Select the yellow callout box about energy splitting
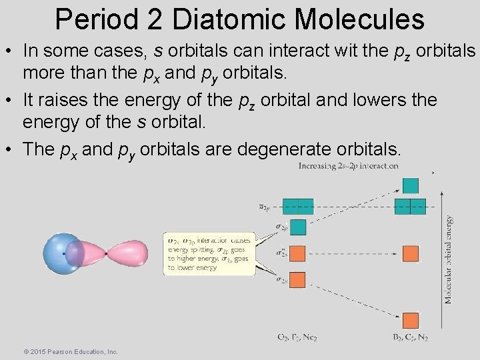209,253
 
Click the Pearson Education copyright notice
70,351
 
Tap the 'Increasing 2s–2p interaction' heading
349,165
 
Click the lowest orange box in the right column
410,319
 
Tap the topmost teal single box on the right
410,185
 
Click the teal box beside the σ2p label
297,227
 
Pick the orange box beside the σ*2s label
297,253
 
